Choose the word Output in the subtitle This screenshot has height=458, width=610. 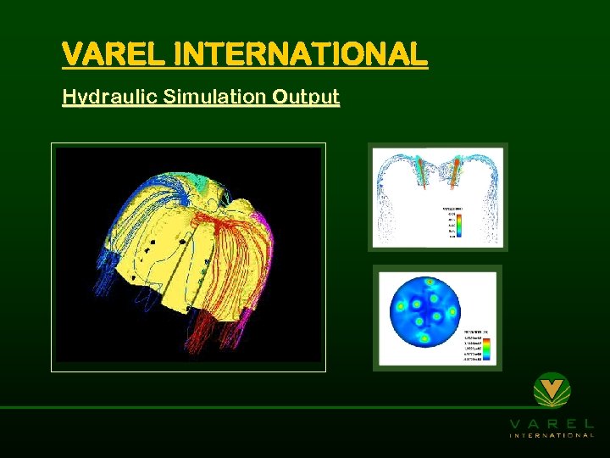[306, 97]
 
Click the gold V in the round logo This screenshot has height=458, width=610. [552, 389]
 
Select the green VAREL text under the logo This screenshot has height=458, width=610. [552, 423]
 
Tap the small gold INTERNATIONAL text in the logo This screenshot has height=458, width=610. [552, 435]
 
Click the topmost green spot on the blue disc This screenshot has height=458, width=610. [429, 282]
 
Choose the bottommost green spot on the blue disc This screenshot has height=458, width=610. [425, 338]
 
